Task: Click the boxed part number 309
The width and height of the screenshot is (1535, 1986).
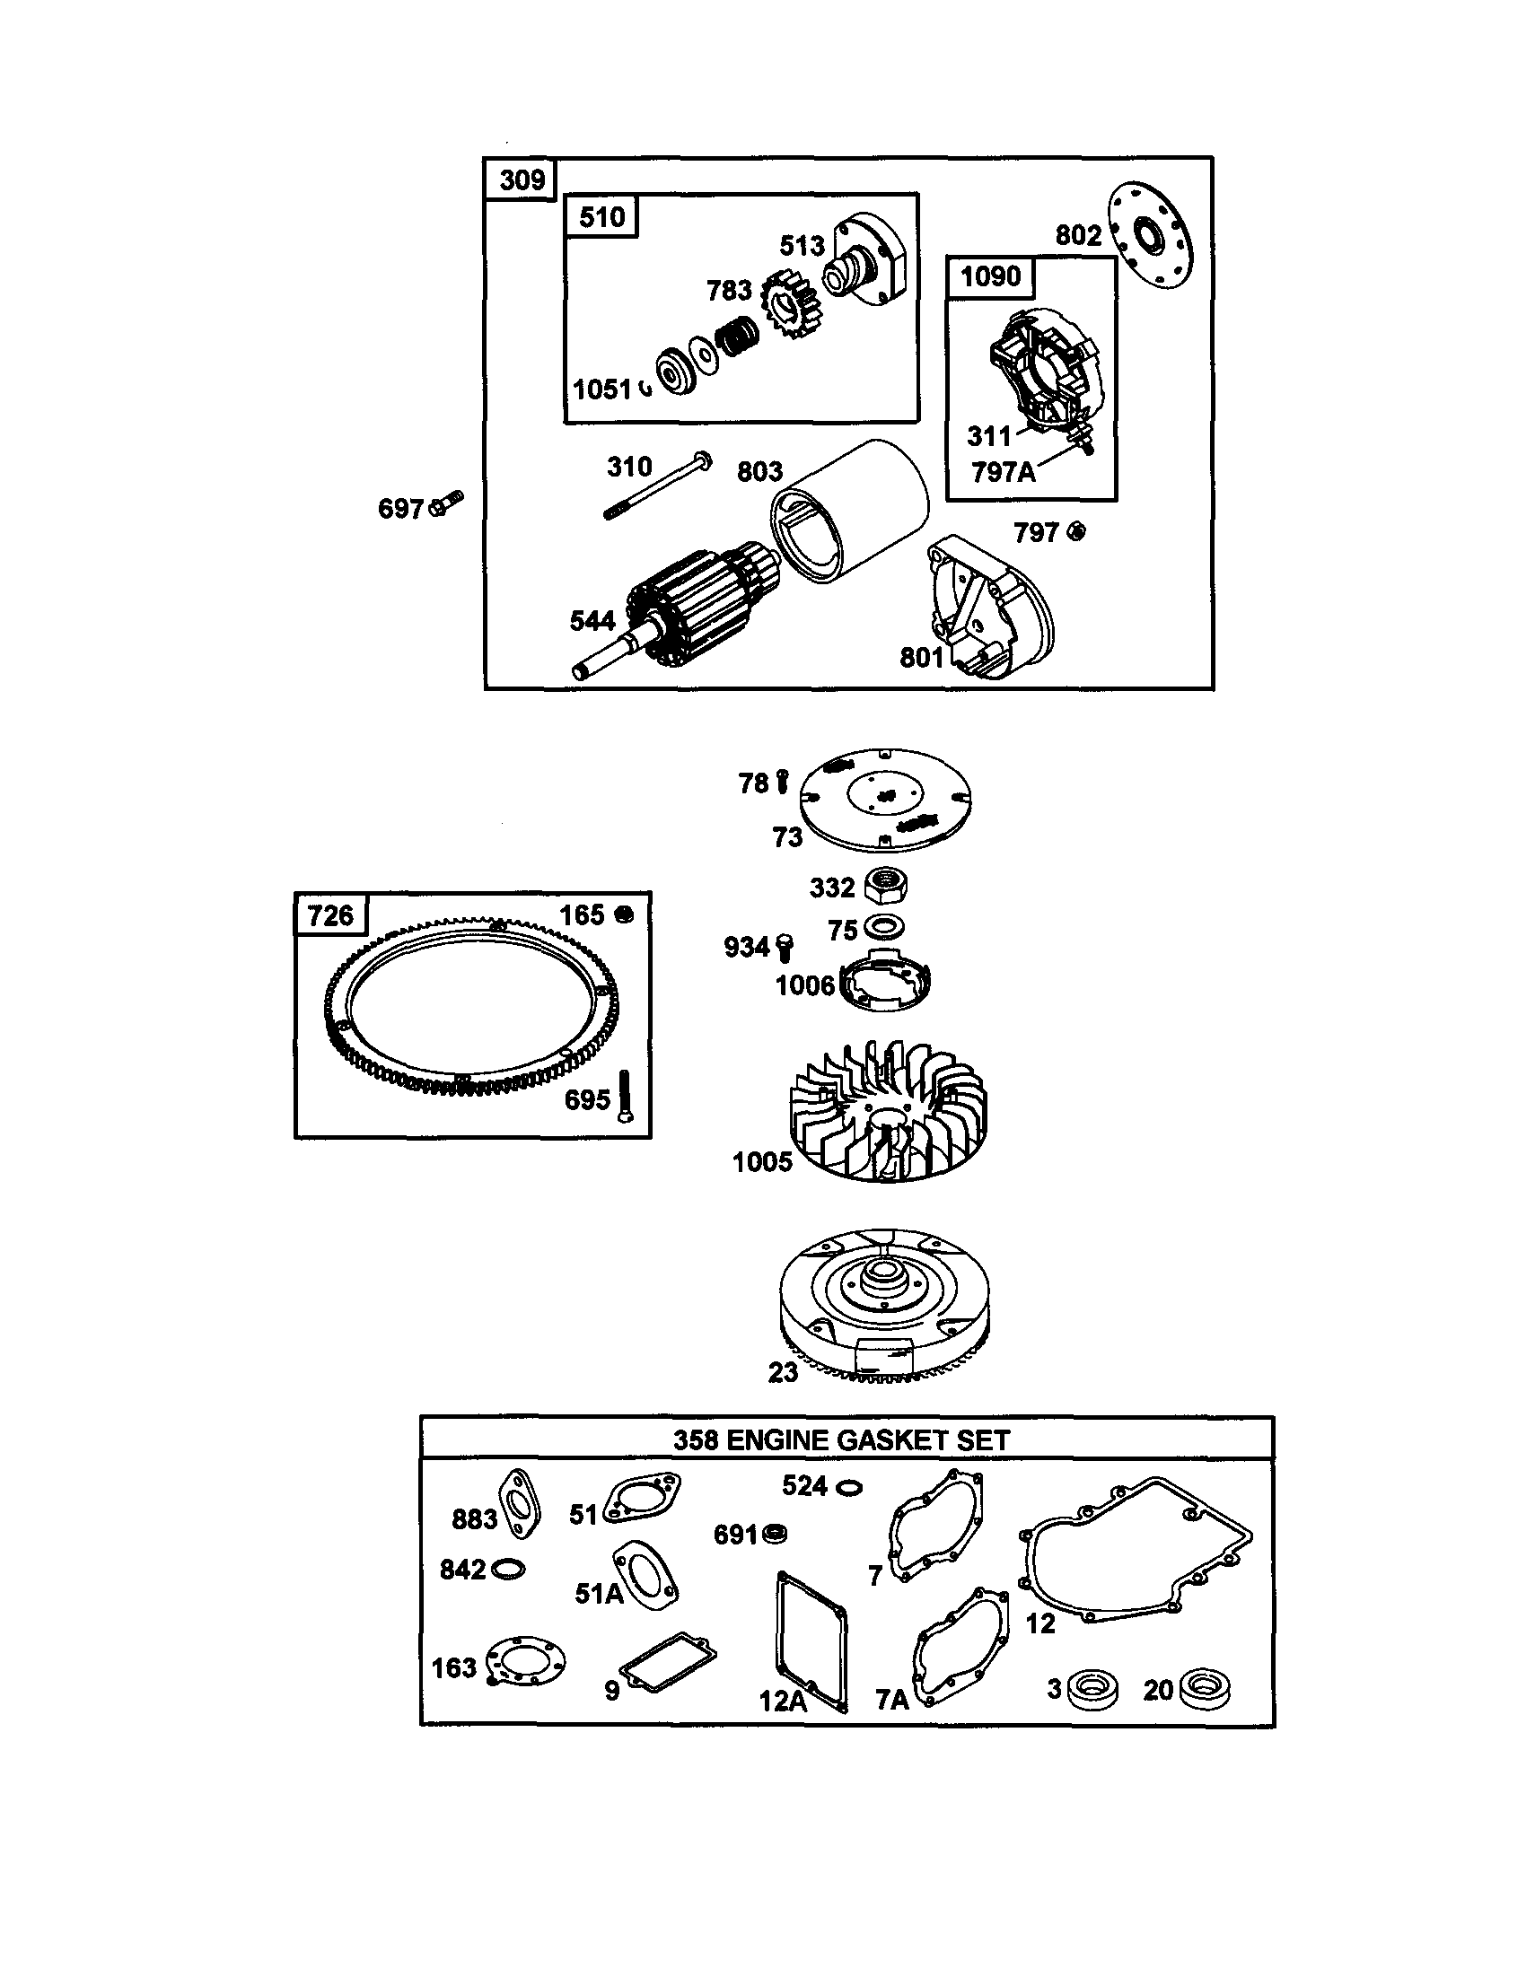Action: pyautogui.click(x=522, y=179)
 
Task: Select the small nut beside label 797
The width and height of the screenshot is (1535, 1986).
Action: pyautogui.click(x=1075, y=532)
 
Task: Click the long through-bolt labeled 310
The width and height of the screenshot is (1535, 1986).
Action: pyautogui.click(x=656, y=489)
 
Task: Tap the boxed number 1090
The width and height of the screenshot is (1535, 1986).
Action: pyautogui.click(x=990, y=276)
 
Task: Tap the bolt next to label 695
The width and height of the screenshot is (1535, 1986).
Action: pyautogui.click(x=624, y=1097)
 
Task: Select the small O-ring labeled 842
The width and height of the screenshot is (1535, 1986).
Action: pyautogui.click(x=507, y=1570)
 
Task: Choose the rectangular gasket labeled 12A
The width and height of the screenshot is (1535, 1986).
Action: pyautogui.click(x=811, y=1642)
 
